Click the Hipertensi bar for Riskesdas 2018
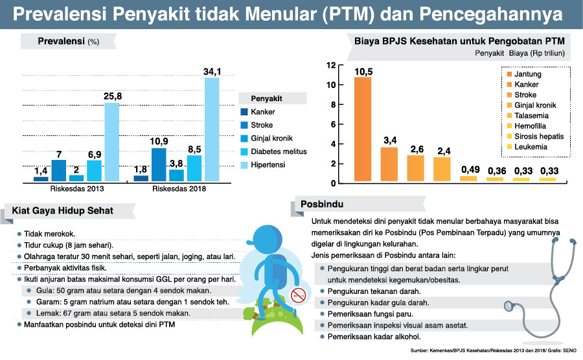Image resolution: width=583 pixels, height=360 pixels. tap(212, 129)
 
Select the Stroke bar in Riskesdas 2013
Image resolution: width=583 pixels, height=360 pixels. tap(59, 170)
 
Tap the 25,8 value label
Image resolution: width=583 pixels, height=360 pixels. tap(112, 96)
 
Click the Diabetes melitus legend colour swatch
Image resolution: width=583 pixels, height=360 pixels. tap(244, 152)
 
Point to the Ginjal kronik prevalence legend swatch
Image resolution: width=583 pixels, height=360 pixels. tap(244, 138)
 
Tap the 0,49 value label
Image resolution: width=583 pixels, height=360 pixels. tap(468, 170)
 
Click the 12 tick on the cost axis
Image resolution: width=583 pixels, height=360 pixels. tap(331, 65)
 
